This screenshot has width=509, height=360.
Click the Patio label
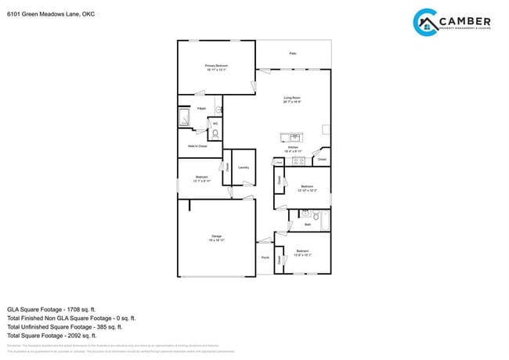pos(293,53)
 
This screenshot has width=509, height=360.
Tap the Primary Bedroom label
pos(216,66)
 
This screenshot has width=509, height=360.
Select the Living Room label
pos(292,98)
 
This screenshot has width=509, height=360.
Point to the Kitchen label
pos(292,147)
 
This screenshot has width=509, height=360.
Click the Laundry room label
pos(244,167)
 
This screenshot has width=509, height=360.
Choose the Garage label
pos(216,236)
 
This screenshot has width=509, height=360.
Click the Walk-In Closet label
pos(197,146)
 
